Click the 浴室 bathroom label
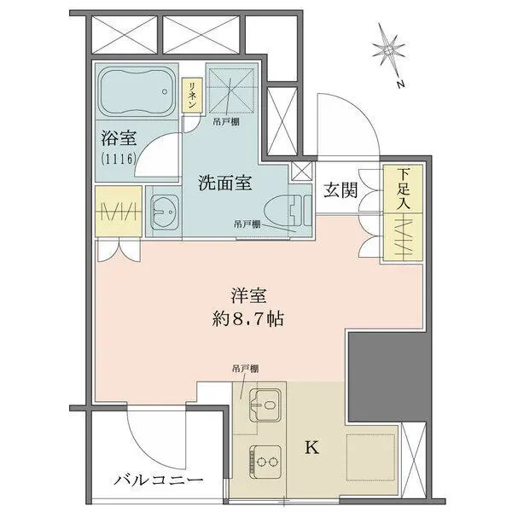pos(119,138)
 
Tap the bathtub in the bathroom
pos(137,91)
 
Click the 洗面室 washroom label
pos(225,183)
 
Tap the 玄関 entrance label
pos(340,190)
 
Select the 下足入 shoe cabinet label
pos(404,189)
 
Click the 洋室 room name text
pos(248,295)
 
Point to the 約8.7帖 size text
pos(247,319)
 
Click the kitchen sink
pos(265,404)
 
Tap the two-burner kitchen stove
pos(265,462)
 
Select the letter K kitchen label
pos(311,447)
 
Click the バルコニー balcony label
pos(159,480)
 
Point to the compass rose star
pos(389,50)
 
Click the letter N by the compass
pos(400,84)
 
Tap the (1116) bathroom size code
pos(119,159)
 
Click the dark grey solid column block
pos(387,377)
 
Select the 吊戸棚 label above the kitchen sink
pos(245,369)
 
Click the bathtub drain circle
pos(165,92)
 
